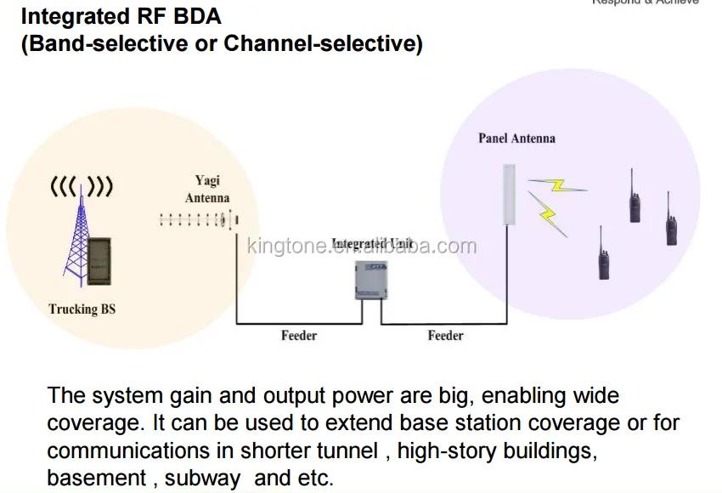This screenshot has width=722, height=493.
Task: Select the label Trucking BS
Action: pyautogui.click(x=82, y=309)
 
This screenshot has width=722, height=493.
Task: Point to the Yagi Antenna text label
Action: pyautogui.click(x=207, y=189)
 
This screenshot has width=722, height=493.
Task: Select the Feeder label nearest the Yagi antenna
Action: pyautogui.click(x=299, y=336)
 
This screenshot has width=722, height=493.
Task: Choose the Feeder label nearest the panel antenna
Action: pyautogui.click(x=445, y=336)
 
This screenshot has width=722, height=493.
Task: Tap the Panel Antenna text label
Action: pyautogui.click(x=516, y=138)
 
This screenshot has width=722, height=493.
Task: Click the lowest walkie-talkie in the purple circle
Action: pyautogui.click(x=602, y=254)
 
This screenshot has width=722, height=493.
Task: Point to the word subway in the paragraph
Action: pyautogui.click(x=202, y=478)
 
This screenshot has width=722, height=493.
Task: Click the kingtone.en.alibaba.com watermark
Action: pyautogui.click(x=361, y=246)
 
